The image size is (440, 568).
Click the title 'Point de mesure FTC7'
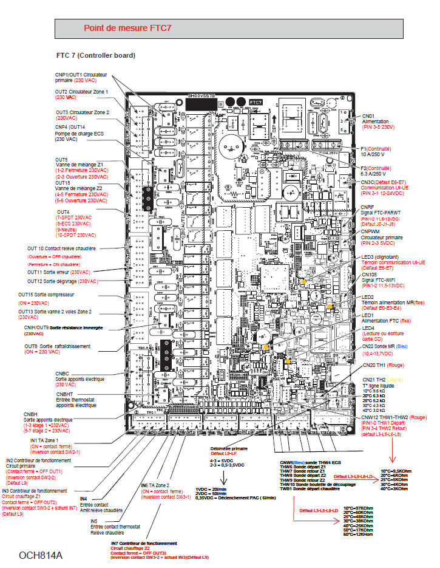pos(127,28)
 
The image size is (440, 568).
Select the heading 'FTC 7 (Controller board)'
pos(95,55)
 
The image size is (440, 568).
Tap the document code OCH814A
pos(41,555)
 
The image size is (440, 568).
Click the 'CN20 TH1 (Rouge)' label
pos(382,365)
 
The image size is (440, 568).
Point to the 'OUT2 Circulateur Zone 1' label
pos(81,92)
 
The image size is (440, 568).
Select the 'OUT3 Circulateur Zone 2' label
pos(83,113)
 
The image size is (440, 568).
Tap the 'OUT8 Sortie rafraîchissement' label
pos(57,346)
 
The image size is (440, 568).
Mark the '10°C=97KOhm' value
pos(357,508)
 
